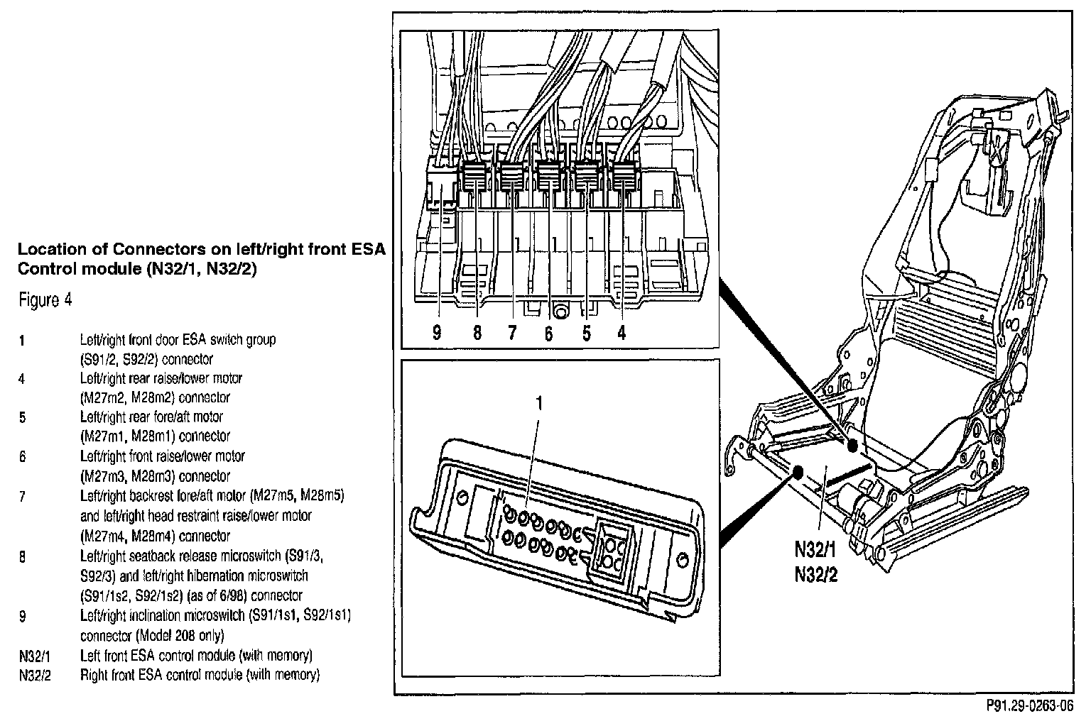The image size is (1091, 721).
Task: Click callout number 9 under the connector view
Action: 437,333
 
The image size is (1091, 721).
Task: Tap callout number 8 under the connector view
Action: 477,333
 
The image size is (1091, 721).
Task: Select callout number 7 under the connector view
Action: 512,333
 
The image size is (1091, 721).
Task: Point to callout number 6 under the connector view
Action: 548,333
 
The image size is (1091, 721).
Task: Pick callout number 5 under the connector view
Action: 586,333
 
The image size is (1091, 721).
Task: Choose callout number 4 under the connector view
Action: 622,333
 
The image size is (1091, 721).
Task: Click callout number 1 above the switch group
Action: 538,403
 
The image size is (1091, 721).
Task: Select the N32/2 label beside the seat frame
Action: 815,573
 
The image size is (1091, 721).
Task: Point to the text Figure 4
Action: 45,300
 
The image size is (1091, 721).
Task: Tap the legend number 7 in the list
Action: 22,496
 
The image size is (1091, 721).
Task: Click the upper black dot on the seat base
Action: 852,444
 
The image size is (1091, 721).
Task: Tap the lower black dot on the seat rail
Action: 796,471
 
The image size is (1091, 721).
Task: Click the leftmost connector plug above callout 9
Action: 440,187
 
